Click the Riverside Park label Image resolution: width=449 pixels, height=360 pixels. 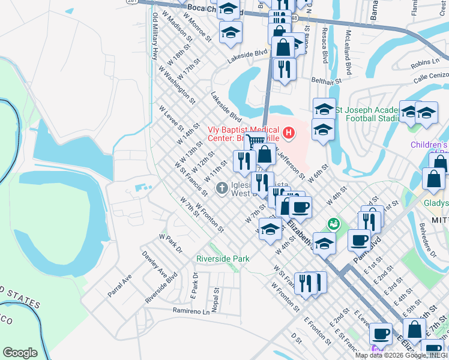tap(222, 259)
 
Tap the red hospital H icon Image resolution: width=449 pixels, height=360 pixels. tap(289, 132)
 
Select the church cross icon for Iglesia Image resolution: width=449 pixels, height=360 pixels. tap(221, 188)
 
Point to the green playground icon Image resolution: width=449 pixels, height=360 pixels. tap(333, 224)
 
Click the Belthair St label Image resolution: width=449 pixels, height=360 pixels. tap(326, 79)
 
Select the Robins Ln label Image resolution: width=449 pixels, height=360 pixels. tap(425, 62)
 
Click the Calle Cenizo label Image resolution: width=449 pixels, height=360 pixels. tap(430, 76)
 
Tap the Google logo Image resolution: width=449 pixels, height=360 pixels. tap(20, 353)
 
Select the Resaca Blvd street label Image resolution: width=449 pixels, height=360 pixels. tap(325, 46)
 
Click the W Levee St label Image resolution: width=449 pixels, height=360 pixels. tap(171, 118)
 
